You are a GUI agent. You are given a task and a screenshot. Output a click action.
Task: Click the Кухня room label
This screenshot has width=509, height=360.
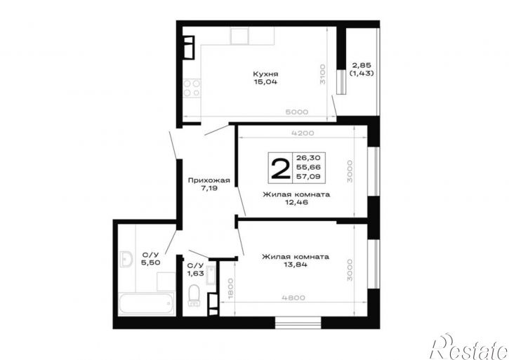(265, 74)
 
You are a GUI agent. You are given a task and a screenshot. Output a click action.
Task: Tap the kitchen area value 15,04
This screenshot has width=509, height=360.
(265, 82)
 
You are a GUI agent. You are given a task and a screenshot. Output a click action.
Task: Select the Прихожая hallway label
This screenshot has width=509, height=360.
(209, 180)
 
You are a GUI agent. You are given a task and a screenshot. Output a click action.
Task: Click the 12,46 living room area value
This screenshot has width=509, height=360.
(296, 202)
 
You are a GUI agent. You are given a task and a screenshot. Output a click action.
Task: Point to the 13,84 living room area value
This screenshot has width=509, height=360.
(296, 265)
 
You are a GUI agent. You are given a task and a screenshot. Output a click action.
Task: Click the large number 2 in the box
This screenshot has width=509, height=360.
(280, 167)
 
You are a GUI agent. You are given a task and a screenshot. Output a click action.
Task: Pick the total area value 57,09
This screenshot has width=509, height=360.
(308, 177)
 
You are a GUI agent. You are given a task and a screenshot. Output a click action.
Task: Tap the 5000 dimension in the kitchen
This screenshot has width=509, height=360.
(297, 112)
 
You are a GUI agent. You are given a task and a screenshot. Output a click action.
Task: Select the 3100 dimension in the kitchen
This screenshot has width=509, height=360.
(322, 74)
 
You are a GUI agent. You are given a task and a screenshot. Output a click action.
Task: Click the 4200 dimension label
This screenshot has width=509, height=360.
(303, 133)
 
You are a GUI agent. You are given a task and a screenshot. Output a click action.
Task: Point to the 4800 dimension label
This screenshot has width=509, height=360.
(293, 298)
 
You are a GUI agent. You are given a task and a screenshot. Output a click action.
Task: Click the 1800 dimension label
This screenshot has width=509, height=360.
(230, 288)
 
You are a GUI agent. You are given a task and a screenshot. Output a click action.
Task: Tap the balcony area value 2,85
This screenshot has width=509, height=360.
(362, 65)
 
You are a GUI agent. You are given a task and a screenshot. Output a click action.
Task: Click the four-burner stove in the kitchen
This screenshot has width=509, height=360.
(191, 88)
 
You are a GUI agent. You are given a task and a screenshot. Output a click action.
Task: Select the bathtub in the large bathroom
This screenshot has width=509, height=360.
(146, 303)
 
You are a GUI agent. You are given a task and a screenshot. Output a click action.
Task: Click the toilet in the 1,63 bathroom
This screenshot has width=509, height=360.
(194, 295)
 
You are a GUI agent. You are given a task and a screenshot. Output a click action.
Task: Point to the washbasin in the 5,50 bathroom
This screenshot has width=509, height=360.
(126, 259)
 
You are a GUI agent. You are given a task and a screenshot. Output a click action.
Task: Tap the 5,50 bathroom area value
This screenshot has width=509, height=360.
(150, 262)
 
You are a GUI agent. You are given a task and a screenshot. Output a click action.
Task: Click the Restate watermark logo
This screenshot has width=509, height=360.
(469, 346)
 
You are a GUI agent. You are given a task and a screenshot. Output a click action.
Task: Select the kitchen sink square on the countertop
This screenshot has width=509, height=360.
(239, 36)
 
